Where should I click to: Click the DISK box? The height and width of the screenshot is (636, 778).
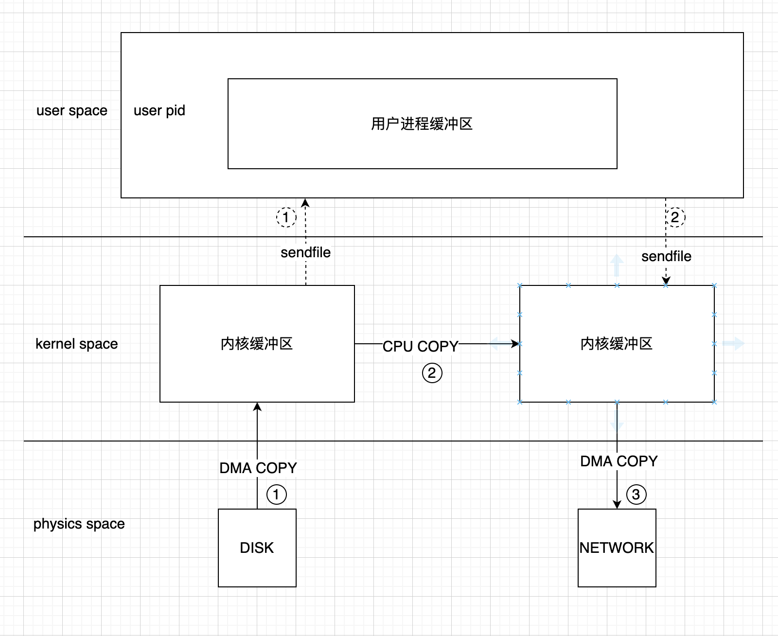click(x=257, y=548)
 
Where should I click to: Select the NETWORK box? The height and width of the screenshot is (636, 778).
click(x=617, y=548)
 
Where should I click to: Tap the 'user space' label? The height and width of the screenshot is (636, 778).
click(x=72, y=110)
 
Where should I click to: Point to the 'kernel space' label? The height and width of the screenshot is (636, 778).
click(x=77, y=344)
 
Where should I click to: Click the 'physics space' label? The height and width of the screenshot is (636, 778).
click(x=79, y=524)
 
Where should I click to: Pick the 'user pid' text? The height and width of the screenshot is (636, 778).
click(x=159, y=110)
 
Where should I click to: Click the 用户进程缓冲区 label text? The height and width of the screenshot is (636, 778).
click(x=422, y=124)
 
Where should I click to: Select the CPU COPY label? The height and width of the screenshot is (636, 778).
click(x=420, y=346)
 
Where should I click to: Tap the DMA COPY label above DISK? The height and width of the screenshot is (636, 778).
click(x=258, y=468)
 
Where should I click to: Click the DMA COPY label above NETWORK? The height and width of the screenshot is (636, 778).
click(x=619, y=461)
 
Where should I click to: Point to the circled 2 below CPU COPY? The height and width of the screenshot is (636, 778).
click(x=432, y=373)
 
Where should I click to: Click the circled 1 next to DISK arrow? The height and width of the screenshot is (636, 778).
click(x=277, y=495)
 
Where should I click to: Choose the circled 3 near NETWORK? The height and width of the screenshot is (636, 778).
click(x=636, y=495)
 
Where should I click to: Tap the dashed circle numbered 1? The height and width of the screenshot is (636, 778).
click(x=286, y=217)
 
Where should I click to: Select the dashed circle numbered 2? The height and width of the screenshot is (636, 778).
click(x=675, y=217)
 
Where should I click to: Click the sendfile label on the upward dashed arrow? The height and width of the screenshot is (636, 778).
click(x=305, y=252)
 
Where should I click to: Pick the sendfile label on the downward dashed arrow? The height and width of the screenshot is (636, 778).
click(x=666, y=256)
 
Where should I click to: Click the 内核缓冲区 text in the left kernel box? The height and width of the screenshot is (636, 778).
click(x=257, y=344)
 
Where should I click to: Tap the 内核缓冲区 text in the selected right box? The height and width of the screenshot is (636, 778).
click(x=617, y=344)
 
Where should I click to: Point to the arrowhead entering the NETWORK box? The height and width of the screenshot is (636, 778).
click(x=617, y=504)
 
